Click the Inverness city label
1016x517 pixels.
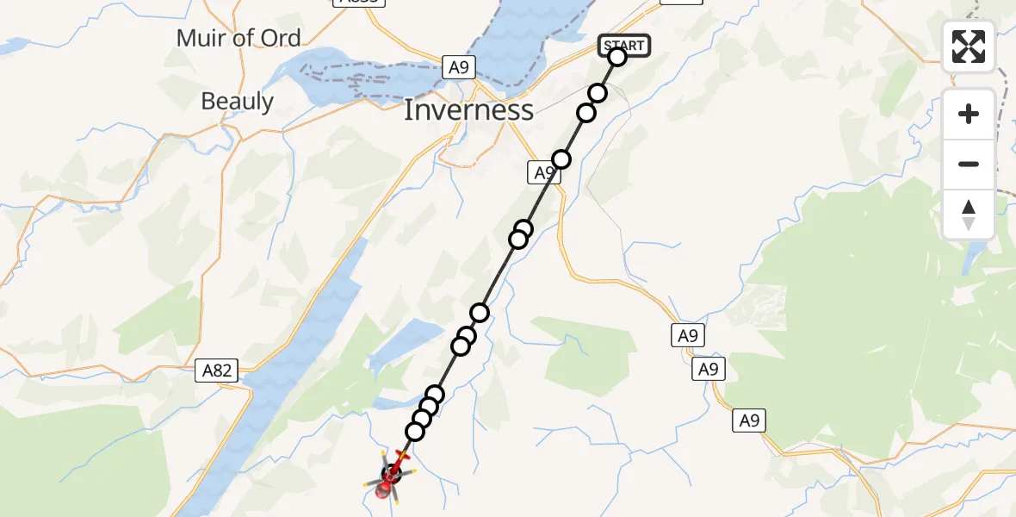469,110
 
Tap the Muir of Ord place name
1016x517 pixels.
239,38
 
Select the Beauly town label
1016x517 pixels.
237,102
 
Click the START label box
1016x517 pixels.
624,45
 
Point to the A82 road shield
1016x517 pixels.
216,371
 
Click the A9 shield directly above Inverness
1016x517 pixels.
460,67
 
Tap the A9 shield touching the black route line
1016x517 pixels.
542,173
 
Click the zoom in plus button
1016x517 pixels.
969,115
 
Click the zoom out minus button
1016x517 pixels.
969,164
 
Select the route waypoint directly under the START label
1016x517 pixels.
617,58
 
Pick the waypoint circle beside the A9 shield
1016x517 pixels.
561,159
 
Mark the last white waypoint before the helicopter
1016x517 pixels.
415,431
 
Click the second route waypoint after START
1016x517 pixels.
586,113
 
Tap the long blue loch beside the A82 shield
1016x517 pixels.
293,327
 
